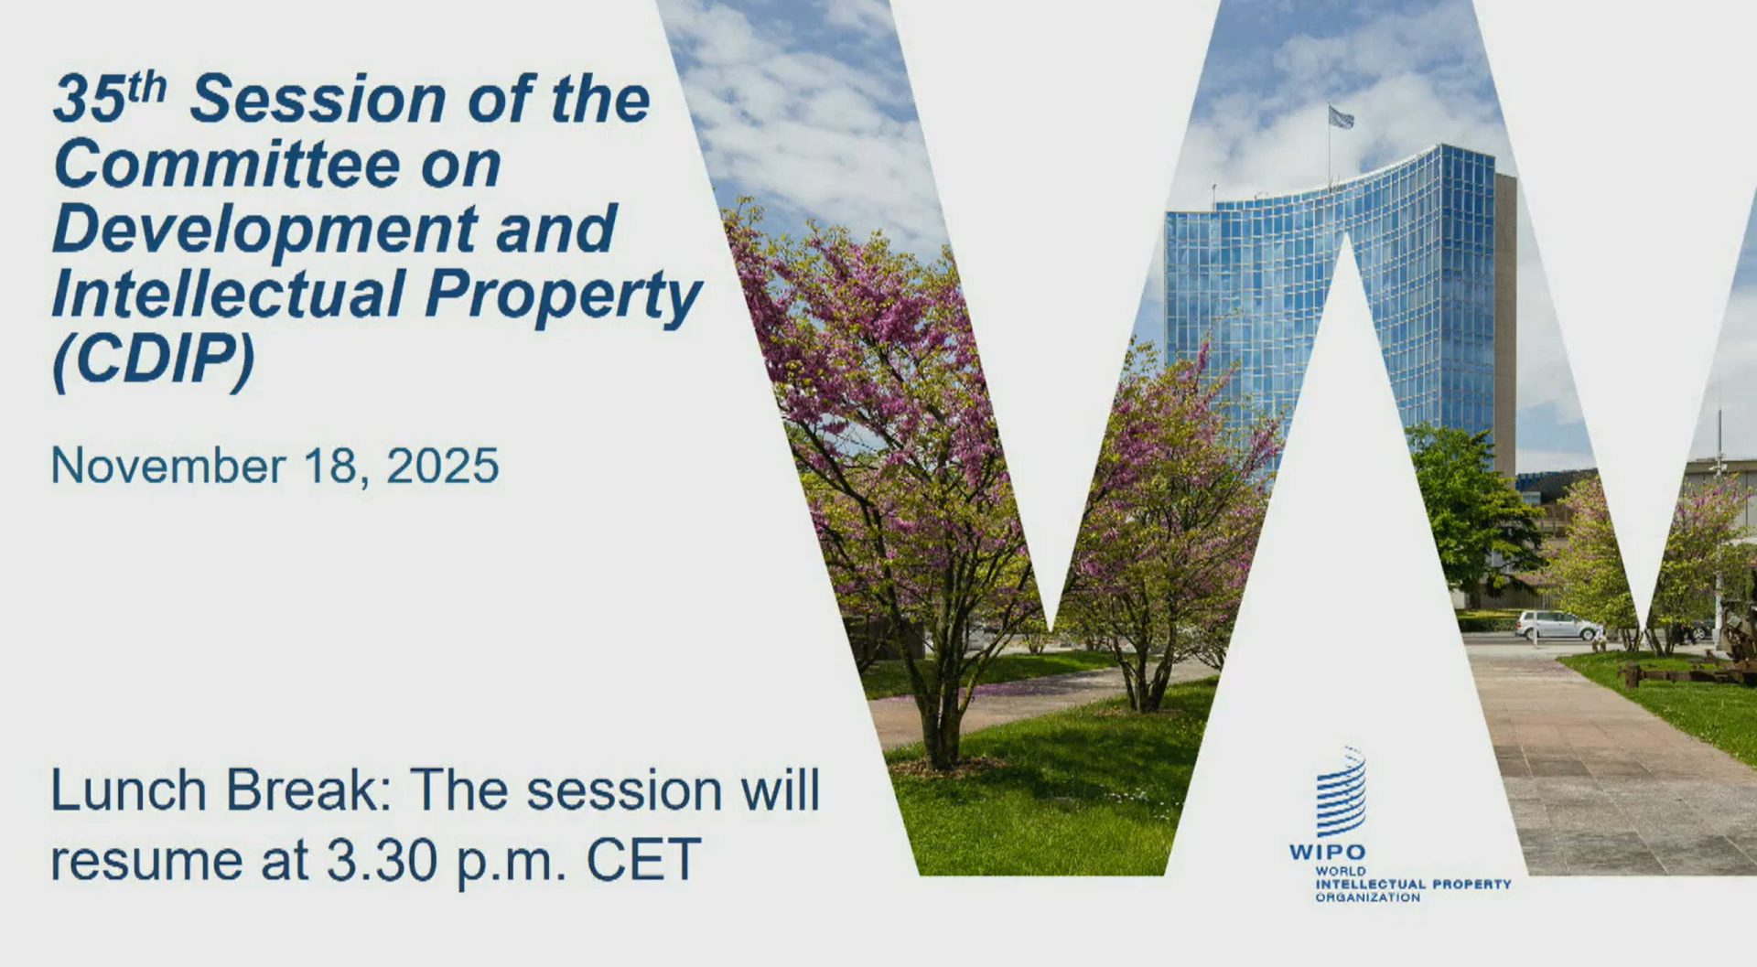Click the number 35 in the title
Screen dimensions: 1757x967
[90, 99]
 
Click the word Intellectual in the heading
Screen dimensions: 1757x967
[229, 294]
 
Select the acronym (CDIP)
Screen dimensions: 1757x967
[154, 361]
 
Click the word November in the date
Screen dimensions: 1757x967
[168, 466]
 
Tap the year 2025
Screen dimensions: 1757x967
[443, 466]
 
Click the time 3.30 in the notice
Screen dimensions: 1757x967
[382, 860]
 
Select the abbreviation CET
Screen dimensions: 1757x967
[643, 860]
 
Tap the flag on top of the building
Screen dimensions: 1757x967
[1341, 116]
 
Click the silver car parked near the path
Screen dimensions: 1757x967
[1558, 625]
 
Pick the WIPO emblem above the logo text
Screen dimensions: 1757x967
[1342, 791]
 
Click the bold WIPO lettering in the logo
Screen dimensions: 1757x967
[1327, 853]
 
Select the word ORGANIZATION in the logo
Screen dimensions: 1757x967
[1368, 897]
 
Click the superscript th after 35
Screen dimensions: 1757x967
[147, 88]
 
